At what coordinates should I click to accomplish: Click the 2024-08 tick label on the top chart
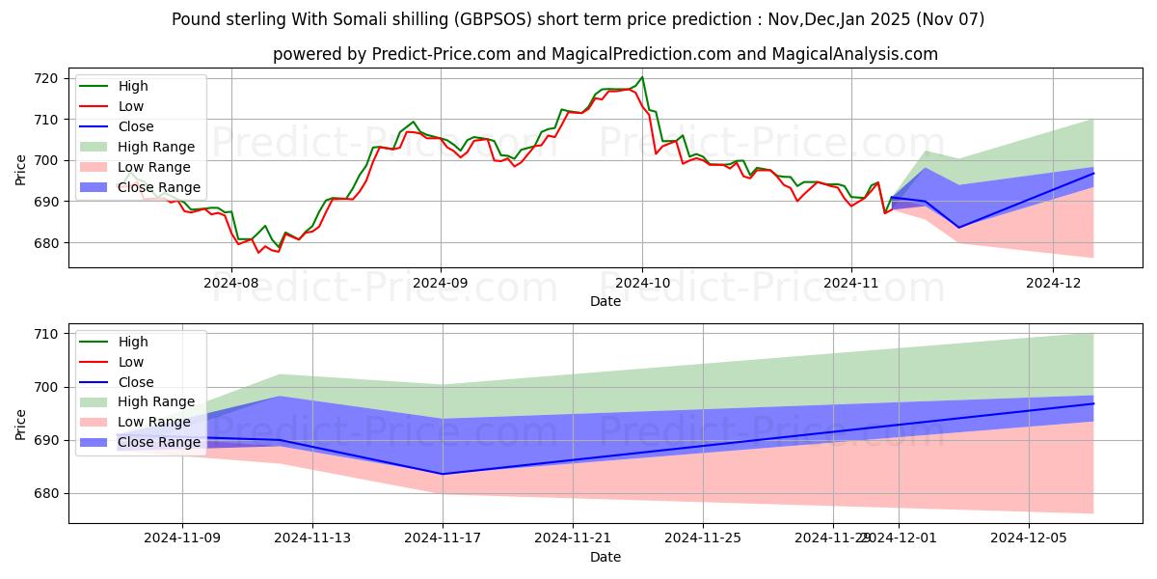click(x=231, y=283)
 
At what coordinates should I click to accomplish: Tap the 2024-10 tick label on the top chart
click(x=641, y=283)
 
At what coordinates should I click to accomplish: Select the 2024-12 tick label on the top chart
click(x=1053, y=283)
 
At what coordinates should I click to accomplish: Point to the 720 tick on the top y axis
click(x=46, y=78)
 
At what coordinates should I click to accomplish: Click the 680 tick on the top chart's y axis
click(x=46, y=243)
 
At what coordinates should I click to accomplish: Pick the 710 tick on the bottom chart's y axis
click(x=46, y=334)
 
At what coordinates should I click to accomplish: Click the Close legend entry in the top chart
click(x=134, y=126)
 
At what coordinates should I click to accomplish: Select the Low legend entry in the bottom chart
click(x=130, y=362)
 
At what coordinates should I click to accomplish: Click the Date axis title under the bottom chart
click(x=605, y=557)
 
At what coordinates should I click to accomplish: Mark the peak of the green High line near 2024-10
click(x=642, y=77)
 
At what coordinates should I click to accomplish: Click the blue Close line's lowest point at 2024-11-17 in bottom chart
click(x=443, y=474)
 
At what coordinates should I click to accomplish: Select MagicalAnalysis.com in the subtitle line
click(x=856, y=54)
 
